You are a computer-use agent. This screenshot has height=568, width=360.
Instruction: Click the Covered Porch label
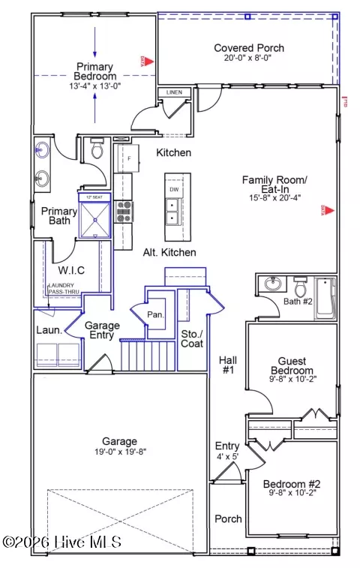(x=249, y=48)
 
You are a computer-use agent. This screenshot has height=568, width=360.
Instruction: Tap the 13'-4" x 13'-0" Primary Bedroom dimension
(x=94, y=85)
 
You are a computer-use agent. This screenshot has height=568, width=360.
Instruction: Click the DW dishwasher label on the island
(x=173, y=190)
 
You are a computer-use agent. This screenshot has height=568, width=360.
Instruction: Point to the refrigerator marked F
(x=129, y=158)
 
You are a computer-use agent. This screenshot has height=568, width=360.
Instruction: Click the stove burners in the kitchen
(x=124, y=212)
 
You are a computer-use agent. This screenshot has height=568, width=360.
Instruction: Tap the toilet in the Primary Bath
(x=95, y=150)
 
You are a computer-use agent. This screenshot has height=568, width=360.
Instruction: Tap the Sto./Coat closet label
(x=192, y=338)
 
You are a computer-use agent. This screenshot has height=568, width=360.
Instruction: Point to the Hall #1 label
(x=228, y=366)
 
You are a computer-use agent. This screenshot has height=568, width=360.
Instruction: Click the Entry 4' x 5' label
(x=226, y=451)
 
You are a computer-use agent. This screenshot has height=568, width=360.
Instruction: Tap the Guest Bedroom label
(x=292, y=365)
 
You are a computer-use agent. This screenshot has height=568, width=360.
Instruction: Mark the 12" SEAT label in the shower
(x=94, y=197)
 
